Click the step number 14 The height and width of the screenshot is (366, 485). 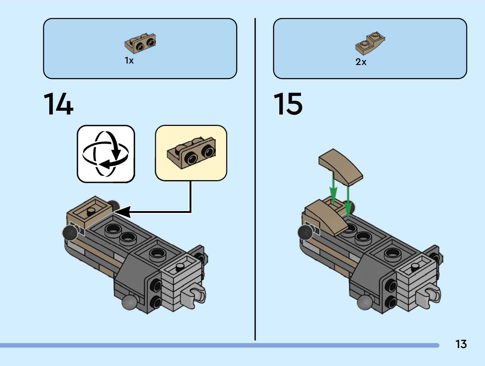(58, 104)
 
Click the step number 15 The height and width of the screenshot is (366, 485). (288, 104)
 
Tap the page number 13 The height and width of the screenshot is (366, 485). (461, 344)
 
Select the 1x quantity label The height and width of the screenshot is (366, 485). (129, 60)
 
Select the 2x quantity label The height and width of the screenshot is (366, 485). (361, 62)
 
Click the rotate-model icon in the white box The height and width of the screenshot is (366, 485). (106, 154)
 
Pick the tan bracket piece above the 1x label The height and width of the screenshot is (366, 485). (140, 43)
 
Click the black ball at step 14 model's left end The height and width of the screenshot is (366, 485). (70, 233)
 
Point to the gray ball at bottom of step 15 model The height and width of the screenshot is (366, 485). (365, 302)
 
